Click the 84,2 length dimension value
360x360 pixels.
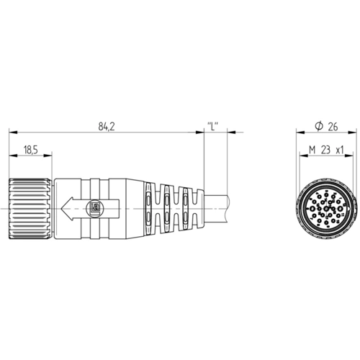pyautogui.click(x=107, y=127)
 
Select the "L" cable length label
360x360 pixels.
pyautogui.click(x=213, y=127)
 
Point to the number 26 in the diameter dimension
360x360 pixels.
pyautogui.click(x=333, y=127)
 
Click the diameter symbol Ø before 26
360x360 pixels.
pyautogui.click(x=318, y=127)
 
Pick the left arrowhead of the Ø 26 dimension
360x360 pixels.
pyautogui.click(x=297, y=132)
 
